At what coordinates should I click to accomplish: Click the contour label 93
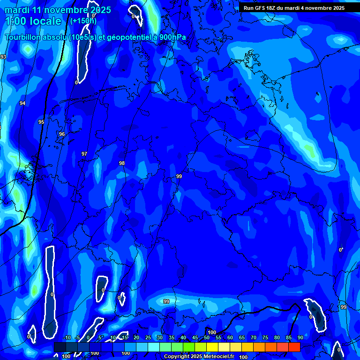tap(3, 57)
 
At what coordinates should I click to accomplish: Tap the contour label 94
tap(22, 103)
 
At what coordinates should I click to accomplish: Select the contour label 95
tap(41, 122)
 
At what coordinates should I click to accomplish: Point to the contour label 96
tap(62, 134)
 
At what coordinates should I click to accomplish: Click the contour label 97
tap(84, 154)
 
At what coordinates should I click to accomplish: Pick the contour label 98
tap(122, 163)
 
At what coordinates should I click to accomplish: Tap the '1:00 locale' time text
tap(33, 21)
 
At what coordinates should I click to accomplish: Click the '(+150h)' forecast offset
tap(83, 21)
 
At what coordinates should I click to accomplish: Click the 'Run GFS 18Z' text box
tap(294, 8)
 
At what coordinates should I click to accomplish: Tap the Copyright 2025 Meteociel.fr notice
tap(199, 357)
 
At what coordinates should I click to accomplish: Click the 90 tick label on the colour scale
tap(300, 338)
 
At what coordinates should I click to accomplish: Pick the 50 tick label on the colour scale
tap(206, 338)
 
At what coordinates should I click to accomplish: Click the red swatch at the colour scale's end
tap(294, 347)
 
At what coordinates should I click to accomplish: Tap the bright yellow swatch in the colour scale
tap(212, 347)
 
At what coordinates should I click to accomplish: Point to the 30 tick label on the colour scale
tap(159, 338)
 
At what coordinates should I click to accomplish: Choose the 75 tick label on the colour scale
tap(265, 338)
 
